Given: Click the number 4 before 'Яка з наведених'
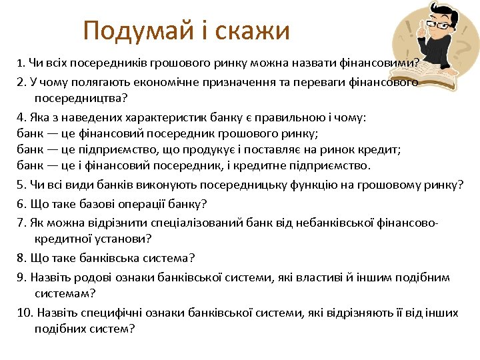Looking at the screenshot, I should point(20,118).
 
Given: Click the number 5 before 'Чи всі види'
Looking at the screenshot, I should point(20,185).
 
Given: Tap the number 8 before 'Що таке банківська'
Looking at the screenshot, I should point(20,257).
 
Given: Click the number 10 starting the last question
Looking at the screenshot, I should point(23,312).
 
